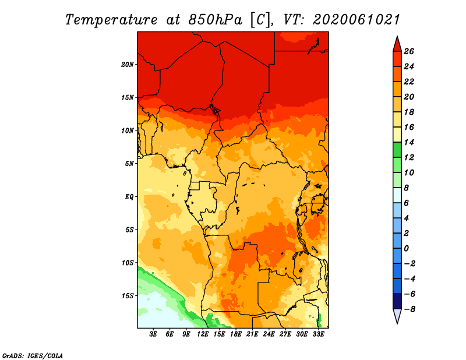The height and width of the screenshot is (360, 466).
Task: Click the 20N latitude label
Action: pyautogui.click(x=127, y=65)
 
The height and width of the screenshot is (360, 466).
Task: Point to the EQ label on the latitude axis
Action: pyautogui.click(x=129, y=197)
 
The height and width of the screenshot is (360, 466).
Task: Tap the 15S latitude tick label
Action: pyautogui.click(x=127, y=296)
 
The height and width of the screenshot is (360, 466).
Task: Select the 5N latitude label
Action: pyautogui.click(x=129, y=164)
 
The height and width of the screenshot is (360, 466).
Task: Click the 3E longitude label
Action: pyautogui.click(x=153, y=334)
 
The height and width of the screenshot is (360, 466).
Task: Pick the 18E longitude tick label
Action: pyautogui.click(x=236, y=334)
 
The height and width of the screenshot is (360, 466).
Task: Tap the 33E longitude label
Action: pyautogui.click(x=318, y=334)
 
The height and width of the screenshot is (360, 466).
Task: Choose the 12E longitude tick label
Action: pyautogui.click(x=203, y=334)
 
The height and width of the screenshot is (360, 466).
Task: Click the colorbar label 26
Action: pyautogui.click(x=409, y=51)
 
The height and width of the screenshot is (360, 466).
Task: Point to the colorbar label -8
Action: pyautogui.click(x=409, y=309)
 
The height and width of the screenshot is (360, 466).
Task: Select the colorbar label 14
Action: pyautogui.click(x=409, y=142)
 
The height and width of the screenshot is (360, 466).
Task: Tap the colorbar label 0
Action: pyautogui.click(x=406, y=249)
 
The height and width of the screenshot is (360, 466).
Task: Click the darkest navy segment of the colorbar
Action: pyautogui.click(x=397, y=301)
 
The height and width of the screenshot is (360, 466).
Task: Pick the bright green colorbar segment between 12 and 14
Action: pyautogui.click(x=397, y=150)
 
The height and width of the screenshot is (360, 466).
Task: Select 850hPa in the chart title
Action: pyautogui.click(x=216, y=20)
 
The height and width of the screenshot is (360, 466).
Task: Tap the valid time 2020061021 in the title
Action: pyautogui.click(x=356, y=20)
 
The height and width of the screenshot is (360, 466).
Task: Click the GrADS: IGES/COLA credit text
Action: pyautogui.click(x=33, y=356)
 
